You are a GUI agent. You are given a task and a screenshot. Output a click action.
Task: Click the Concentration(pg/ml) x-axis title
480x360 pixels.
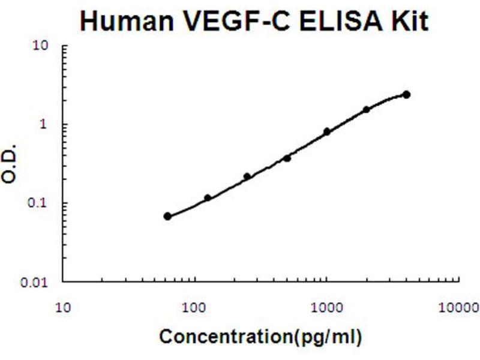click(260, 337)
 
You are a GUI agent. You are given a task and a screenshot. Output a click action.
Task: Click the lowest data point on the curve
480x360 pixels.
click(167, 216)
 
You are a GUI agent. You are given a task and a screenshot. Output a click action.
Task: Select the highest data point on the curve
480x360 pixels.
click(406, 95)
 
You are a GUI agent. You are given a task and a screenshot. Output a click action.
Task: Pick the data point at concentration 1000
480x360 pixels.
click(327, 131)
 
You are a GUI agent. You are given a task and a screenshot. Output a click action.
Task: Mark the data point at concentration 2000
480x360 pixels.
click(366, 110)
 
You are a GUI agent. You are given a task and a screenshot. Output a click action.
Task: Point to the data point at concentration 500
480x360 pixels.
click(287, 158)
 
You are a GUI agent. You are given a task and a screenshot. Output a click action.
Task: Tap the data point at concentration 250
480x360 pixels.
click(247, 176)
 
